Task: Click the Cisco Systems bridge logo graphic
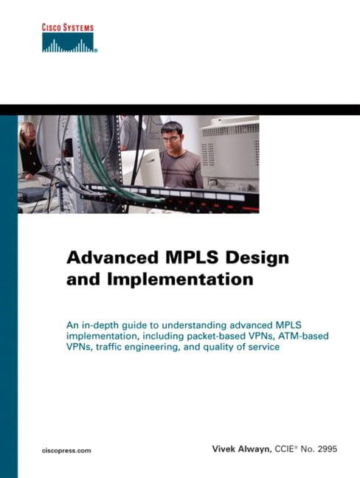(69, 43)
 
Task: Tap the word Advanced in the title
(112, 257)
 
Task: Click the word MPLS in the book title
(192, 257)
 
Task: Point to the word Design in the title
(257, 258)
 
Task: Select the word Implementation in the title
(180, 280)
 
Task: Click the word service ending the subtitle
(264, 347)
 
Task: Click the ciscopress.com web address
(66, 451)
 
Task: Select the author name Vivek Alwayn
(242, 448)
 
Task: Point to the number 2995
(328, 448)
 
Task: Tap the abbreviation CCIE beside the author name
(284, 448)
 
